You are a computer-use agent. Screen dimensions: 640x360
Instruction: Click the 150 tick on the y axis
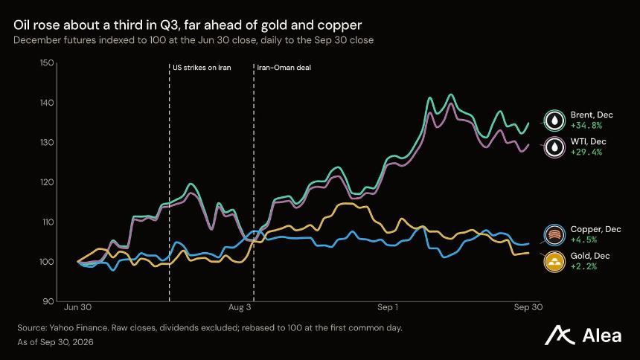(x=47, y=63)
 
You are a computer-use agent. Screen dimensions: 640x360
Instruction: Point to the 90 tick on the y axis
(x=48, y=301)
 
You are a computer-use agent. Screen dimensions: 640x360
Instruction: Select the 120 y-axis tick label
(x=47, y=182)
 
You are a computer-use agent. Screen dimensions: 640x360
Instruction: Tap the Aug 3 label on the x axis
(x=240, y=307)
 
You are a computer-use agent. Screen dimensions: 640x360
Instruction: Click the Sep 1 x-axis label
(x=388, y=307)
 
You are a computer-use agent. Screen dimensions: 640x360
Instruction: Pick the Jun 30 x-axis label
(x=77, y=307)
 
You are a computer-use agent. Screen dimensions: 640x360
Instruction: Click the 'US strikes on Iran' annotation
(x=202, y=68)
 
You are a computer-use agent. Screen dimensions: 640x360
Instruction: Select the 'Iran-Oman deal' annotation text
(x=284, y=68)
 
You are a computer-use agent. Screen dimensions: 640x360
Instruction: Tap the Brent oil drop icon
(x=554, y=120)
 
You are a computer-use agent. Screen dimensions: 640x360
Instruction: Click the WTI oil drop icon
(x=554, y=147)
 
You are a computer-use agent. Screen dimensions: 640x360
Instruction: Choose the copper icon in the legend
(x=554, y=235)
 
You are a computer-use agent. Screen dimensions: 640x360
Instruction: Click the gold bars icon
(x=554, y=261)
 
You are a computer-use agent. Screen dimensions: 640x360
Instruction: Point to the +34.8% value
(x=586, y=126)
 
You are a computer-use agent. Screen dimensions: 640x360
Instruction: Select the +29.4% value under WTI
(x=586, y=152)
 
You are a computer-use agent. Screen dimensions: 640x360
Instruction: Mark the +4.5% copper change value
(x=583, y=240)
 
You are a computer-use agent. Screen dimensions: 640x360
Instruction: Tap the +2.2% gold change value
(x=583, y=266)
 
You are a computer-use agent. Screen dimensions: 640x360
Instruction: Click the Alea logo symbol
(x=560, y=335)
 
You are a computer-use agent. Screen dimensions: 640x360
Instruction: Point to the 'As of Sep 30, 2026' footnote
(x=55, y=342)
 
